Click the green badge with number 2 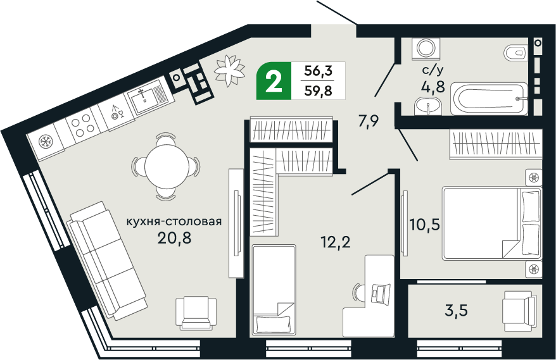click(274, 81)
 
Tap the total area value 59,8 click(318, 91)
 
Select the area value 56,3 click(318, 71)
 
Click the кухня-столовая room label click(174, 222)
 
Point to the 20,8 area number click(174, 238)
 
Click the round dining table click(167, 166)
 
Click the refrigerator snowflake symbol click(45, 142)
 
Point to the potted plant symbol click(229, 70)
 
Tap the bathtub click(489, 99)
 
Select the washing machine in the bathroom click(426, 48)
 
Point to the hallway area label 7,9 click(369, 121)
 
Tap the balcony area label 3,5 click(456, 311)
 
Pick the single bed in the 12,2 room click(274, 290)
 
